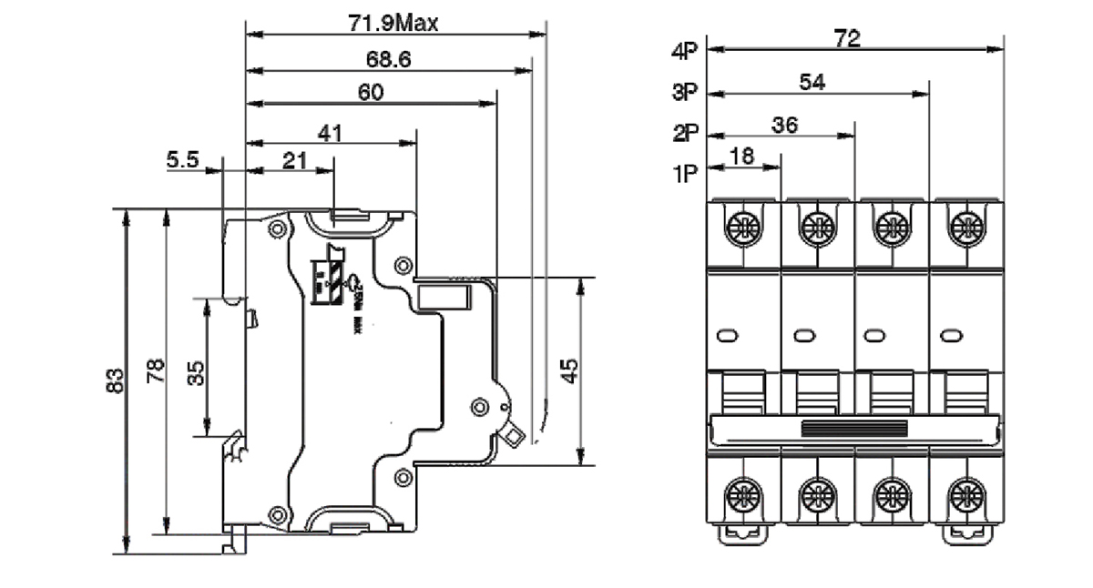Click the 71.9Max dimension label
(393, 23)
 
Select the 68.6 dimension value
(389, 60)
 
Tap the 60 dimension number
(370, 92)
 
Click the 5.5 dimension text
(182, 160)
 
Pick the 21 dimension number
(293, 160)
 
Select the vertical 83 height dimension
(113, 380)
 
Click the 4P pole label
(684, 53)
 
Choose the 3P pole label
(684, 92)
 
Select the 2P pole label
(684, 133)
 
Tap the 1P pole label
(684, 173)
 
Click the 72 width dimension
(847, 38)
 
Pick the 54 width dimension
(812, 82)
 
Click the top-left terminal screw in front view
(743, 225)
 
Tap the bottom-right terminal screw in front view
(964, 498)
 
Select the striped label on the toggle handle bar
(853, 427)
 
